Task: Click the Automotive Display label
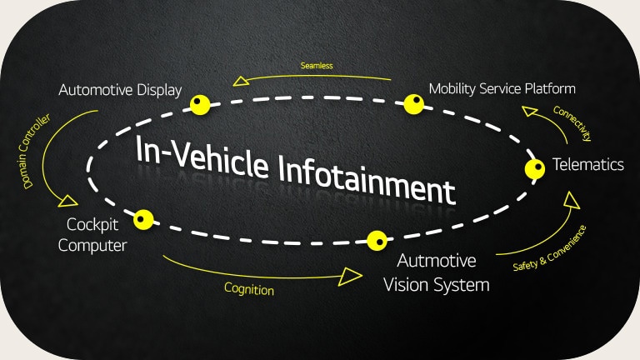(120, 89)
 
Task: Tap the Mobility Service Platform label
(502, 88)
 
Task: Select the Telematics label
(588, 164)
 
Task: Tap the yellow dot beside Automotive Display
(198, 104)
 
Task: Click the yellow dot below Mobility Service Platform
(414, 104)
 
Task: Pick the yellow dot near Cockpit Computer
(143, 220)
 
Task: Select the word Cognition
(248, 289)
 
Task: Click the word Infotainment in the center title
(367, 177)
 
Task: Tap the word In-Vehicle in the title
(204, 156)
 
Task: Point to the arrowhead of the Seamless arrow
(242, 81)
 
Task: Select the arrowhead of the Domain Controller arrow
(67, 201)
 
